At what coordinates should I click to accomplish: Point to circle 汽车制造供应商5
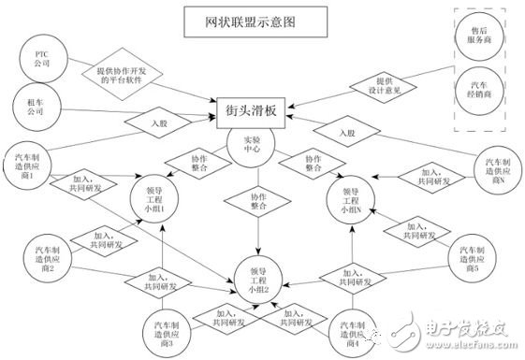coord(470,260)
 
